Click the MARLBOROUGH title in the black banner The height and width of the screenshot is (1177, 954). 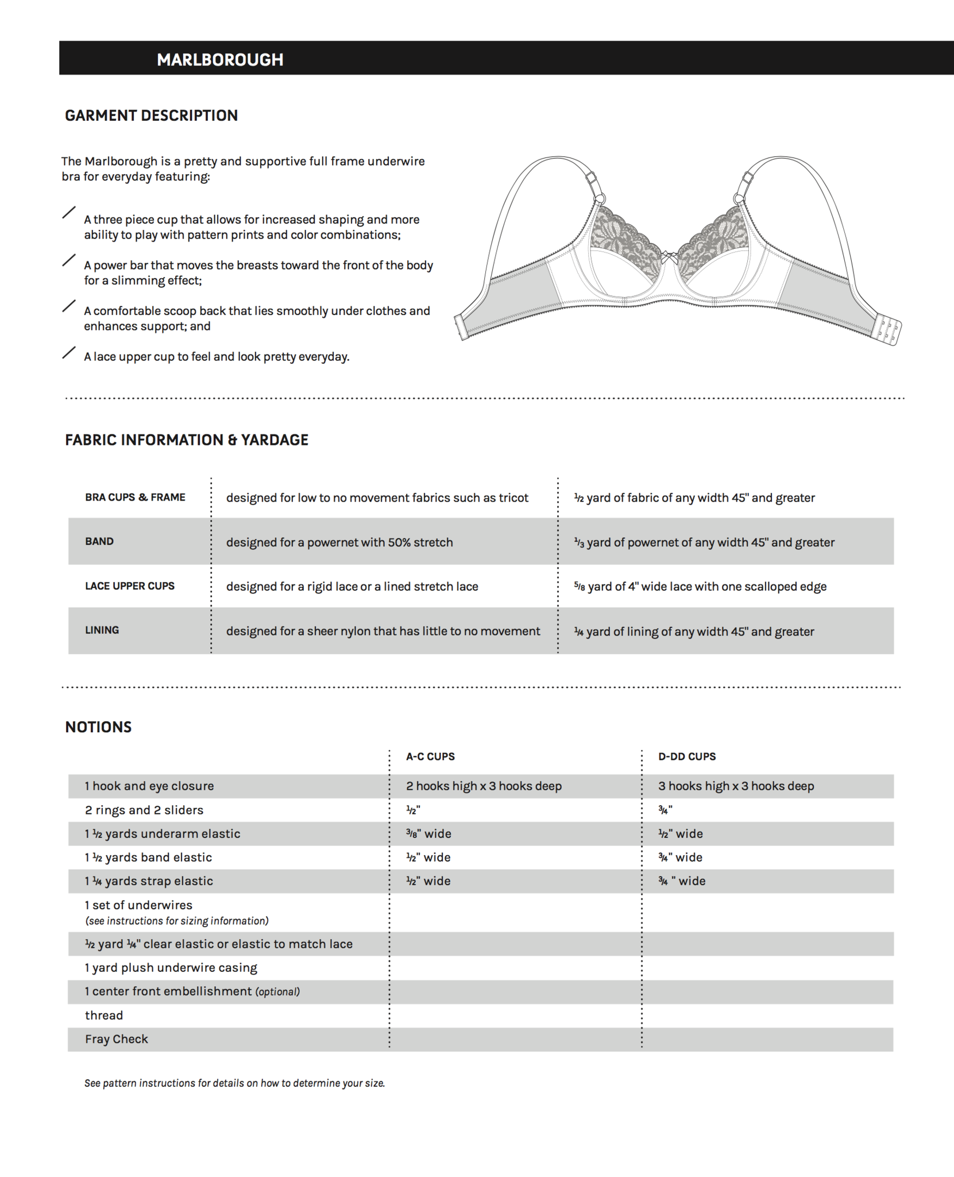coord(220,60)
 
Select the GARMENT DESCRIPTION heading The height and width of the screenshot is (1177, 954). coord(151,116)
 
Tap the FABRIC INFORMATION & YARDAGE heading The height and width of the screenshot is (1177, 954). coord(187,440)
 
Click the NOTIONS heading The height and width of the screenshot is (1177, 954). coord(98,727)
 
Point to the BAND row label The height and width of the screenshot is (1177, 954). coord(99,541)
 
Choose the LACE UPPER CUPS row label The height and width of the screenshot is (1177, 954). coord(130,586)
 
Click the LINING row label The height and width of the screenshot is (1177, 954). coord(102,630)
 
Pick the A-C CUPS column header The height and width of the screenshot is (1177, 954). coord(430,757)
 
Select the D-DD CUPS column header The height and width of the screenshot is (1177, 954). coord(687,757)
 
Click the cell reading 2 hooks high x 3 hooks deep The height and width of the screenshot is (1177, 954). coord(484,786)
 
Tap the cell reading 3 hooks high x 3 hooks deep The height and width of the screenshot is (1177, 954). coord(736,786)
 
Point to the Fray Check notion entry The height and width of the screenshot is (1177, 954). coord(117,1039)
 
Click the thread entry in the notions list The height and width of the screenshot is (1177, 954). coord(104,1016)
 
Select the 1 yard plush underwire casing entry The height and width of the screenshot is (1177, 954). coord(171,968)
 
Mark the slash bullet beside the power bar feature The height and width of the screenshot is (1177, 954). coord(69,260)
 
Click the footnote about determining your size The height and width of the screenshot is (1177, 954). coord(234,1083)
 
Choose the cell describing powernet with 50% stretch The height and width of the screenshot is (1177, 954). coord(339,543)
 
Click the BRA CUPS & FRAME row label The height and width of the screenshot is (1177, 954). coord(135,498)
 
